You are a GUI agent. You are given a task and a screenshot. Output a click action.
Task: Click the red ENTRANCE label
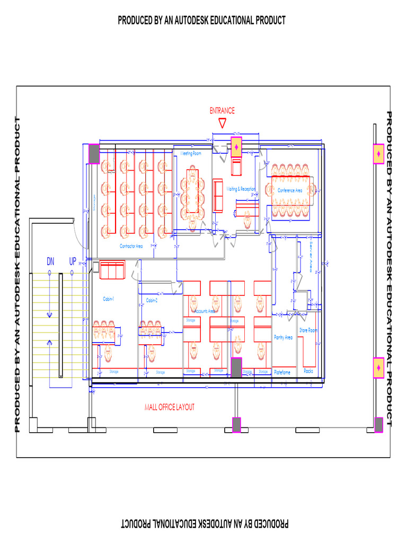[x=222, y=111]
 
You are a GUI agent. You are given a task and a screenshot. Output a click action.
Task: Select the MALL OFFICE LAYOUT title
[x=170, y=407]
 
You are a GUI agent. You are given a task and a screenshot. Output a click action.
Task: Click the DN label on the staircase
[x=50, y=261]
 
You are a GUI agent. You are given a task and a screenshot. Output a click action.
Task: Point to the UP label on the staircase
[x=73, y=261]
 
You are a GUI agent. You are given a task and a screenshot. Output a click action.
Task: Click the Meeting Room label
[x=191, y=153]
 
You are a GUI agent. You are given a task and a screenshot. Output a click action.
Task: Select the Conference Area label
[x=290, y=190]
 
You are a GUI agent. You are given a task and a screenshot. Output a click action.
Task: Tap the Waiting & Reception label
[x=241, y=189]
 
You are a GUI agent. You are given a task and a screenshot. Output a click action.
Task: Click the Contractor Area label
[x=131, y=246]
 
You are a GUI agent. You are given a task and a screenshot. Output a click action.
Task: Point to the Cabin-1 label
[x=108, y=300]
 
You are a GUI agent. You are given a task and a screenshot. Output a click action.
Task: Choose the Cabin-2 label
[x=152, y=301]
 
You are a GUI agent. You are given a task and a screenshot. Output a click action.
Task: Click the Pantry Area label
[x=283, y=337]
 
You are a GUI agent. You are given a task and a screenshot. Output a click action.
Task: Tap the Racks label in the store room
[x=308, y=371]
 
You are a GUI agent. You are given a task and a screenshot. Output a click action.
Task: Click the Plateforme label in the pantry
[x=282, y=372]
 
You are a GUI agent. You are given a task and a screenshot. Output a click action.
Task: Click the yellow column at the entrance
[x=236, y=146]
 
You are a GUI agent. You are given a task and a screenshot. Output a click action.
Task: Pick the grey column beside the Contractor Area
[x=94, y=154]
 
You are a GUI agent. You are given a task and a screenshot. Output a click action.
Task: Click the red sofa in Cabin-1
[x=111, y=270]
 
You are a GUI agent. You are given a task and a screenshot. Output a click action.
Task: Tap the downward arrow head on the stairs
[x=50, y=315]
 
